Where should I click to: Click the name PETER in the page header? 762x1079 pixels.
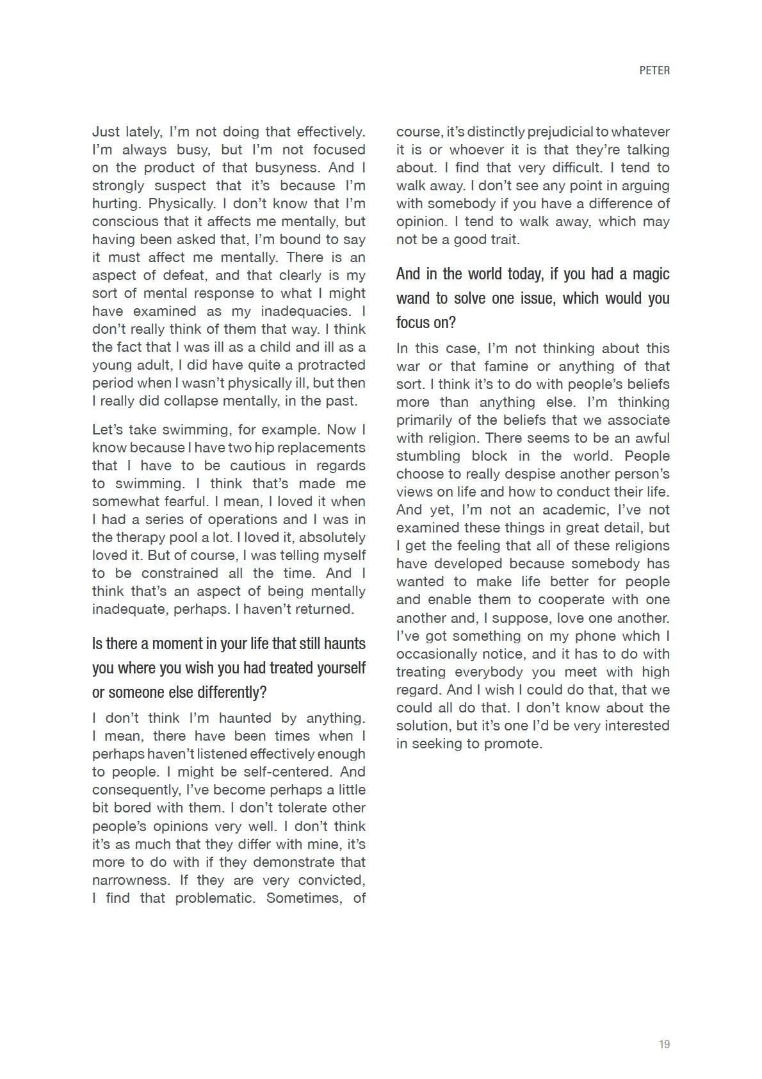(x=654, y=70)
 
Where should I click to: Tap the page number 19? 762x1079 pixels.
(x=664, y=1044)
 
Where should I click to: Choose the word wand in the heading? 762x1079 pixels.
(x=414, y=299)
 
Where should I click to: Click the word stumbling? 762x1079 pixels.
(x=428, y=456)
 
